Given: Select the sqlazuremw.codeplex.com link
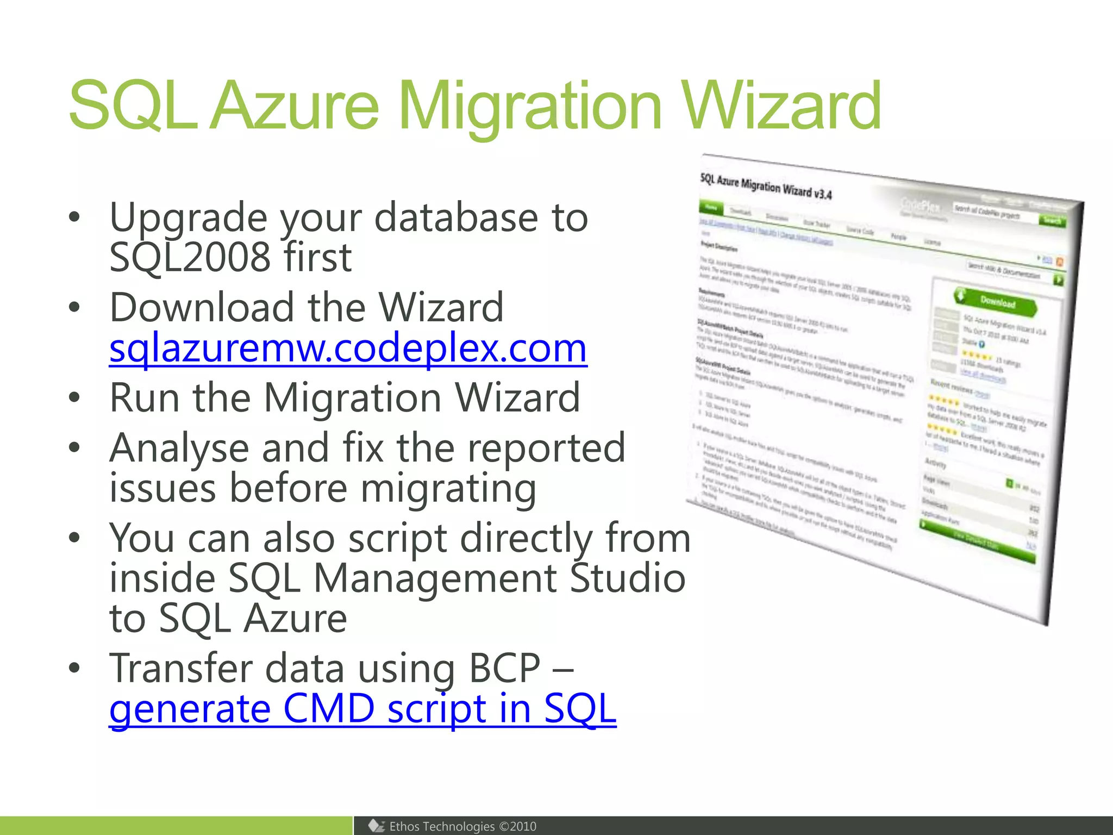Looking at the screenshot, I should coord(348,348).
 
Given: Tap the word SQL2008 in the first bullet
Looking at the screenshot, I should coord(190,257).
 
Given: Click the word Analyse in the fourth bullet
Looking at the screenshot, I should coord(179,448).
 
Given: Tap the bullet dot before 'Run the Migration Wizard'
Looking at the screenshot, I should coord(74,397).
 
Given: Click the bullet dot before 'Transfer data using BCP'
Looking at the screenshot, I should coord(74,668).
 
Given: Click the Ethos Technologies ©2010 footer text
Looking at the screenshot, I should coord(462,826).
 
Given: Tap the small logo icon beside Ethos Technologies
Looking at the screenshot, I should coord(376,826).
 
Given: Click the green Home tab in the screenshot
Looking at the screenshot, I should coord(711,208).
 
